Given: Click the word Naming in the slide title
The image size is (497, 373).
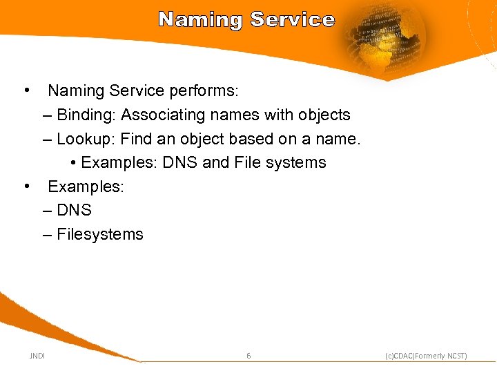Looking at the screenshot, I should click(201, 19).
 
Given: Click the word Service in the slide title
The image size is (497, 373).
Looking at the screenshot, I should click(293, 19).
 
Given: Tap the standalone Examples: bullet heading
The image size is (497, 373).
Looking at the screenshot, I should click(86, 187).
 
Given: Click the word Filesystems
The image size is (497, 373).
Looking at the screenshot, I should click(100, 235).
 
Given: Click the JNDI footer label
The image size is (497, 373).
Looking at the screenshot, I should click(37, 356).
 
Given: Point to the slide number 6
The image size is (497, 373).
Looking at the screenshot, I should click(248, 356).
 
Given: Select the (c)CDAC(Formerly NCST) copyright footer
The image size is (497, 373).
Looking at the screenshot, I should click(426, 356).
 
